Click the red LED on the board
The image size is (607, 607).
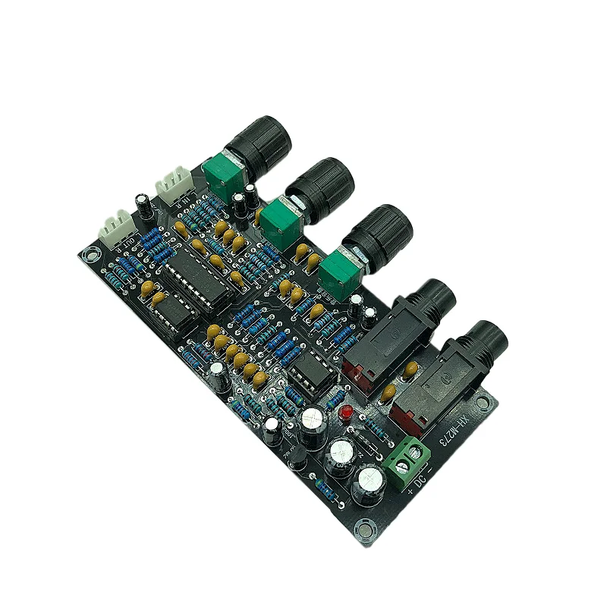[345, 413]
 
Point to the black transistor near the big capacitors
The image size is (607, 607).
[297, 454]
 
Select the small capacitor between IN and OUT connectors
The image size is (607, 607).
[142, 201]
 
